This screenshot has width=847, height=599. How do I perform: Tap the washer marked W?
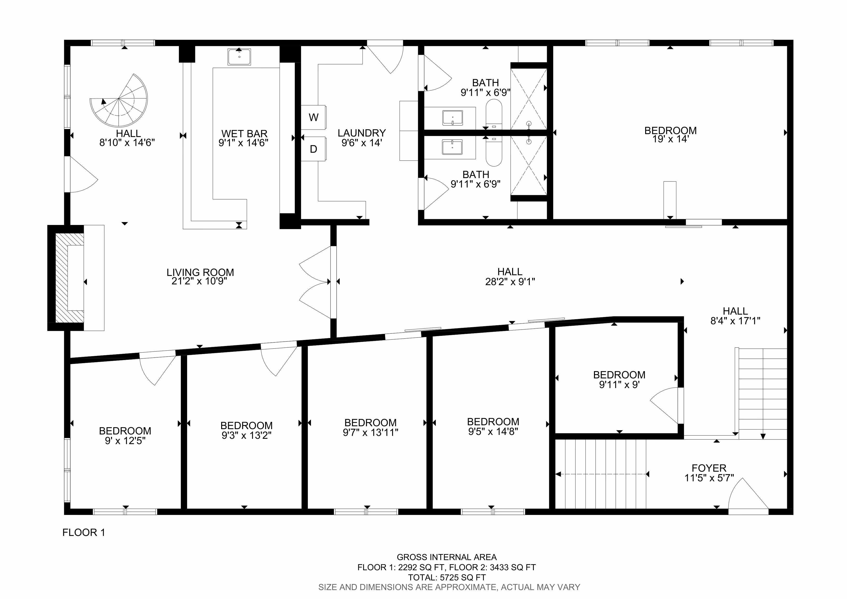[314, 117]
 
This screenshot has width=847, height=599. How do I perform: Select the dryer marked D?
[314, 149]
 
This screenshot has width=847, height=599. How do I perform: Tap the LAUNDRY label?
[361, 133]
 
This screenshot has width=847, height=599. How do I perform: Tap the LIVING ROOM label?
[200, 272]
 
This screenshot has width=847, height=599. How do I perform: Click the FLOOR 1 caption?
[84, 533]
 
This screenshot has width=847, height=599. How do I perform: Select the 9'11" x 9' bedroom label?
[619, 385]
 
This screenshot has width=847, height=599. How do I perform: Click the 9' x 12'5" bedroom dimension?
[125, 441]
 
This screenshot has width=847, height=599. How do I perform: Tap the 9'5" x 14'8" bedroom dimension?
[493, 432]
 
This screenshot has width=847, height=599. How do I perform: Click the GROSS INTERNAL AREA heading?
[447, 557]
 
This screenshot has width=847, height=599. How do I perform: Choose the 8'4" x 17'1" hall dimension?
[735, 321]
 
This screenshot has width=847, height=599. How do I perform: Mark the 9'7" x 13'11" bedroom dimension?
[370, 432]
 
